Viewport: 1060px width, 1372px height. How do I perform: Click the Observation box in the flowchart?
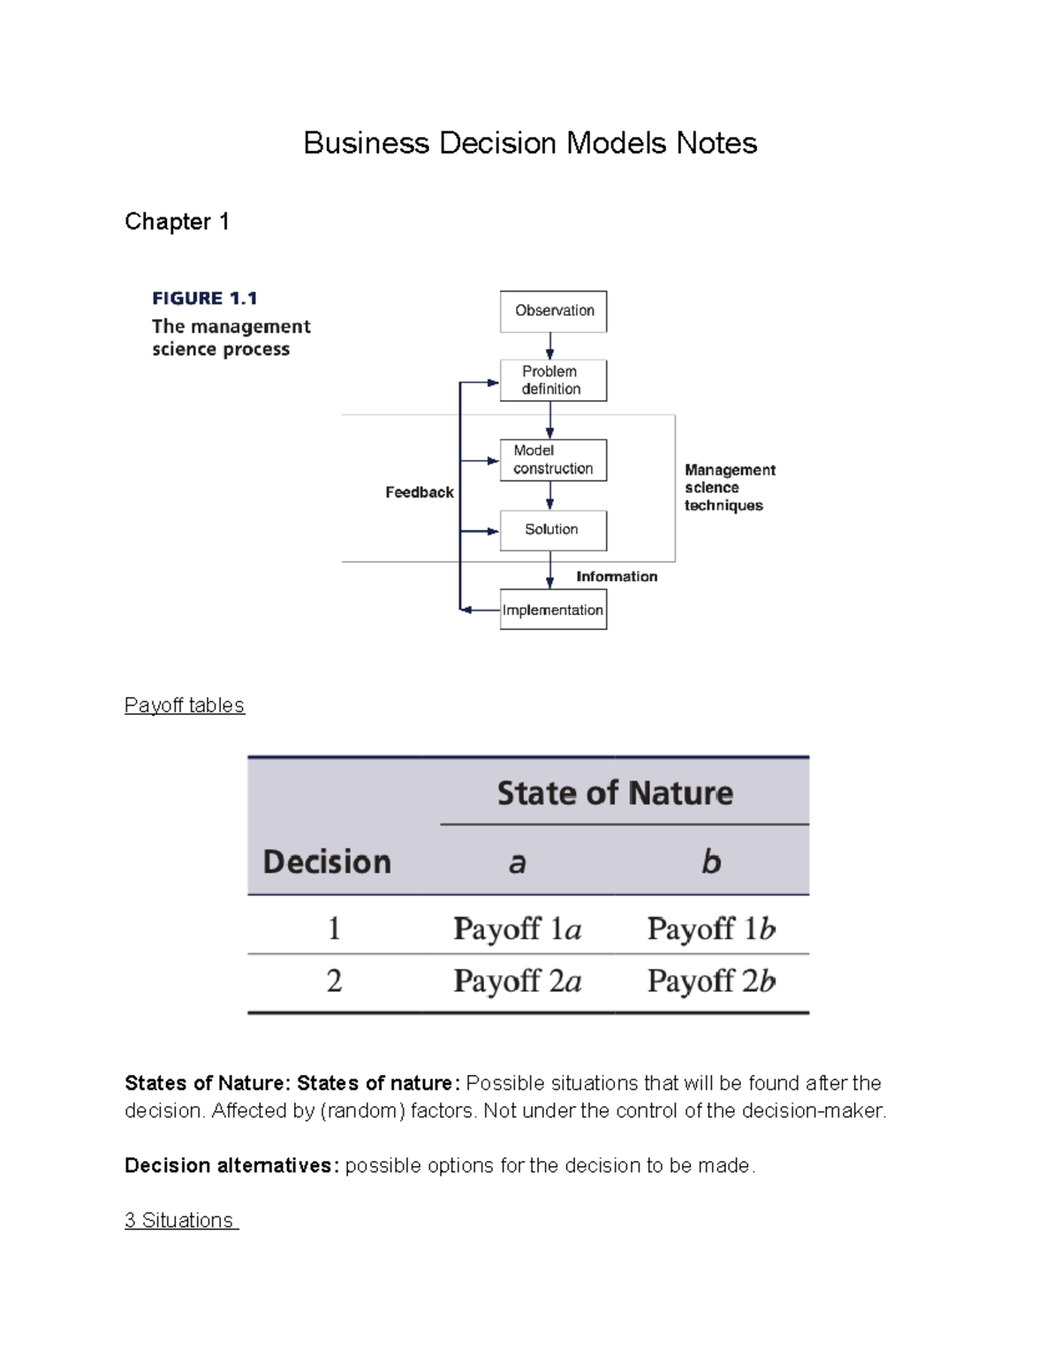tap(553, 311)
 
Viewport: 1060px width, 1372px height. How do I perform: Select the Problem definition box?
tap(553, 380)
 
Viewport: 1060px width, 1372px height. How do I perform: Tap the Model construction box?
tap(553, 459)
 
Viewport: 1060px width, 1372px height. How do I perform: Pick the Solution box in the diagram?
tap(553, 530)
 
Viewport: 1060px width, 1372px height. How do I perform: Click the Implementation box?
tap(553, 610)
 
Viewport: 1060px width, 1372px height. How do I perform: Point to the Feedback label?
tap(420, 492)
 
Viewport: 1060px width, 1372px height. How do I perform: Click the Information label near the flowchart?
tap(617, 577)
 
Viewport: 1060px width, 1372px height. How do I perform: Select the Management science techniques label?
tap(729, 488)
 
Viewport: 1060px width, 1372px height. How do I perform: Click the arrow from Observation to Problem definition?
tap(550, 345)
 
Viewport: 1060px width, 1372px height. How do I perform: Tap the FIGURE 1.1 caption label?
tap(205, 299)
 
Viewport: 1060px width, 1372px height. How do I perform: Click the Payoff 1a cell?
tap(518, 929)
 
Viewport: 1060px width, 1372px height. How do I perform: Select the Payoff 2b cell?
tap(711, 981)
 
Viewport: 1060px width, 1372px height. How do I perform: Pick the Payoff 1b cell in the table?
tap(711, 929)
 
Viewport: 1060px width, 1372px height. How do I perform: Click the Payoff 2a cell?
tap(518, 981)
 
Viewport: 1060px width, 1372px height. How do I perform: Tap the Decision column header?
tap(327, 861)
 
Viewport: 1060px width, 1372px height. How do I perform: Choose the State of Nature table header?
tap(615, 792)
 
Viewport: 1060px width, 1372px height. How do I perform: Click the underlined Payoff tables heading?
tap(185, 705)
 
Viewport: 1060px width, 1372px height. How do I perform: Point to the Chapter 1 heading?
tap(177, 222)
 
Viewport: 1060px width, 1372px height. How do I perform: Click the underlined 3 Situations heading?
tap(180, 1220)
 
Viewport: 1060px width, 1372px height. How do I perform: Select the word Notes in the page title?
tap(716, 143)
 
